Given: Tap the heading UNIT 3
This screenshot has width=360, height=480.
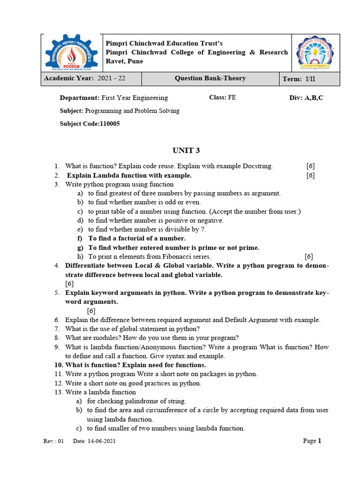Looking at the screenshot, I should coord(186,150).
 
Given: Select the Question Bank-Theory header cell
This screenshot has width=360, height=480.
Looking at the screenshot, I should coord(210,79).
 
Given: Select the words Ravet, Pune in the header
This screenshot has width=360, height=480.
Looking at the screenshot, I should coord(125,61).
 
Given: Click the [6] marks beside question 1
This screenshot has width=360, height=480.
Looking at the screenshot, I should coord(310,166).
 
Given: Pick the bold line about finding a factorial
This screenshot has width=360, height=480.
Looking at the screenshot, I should coord(134,239).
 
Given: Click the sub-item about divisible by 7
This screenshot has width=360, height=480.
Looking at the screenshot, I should coord(147,229).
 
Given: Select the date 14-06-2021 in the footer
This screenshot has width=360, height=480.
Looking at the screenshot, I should coord(101,442).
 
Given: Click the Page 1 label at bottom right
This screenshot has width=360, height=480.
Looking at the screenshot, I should coord(312,441).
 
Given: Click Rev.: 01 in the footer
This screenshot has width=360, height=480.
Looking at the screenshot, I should coord(53,442).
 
